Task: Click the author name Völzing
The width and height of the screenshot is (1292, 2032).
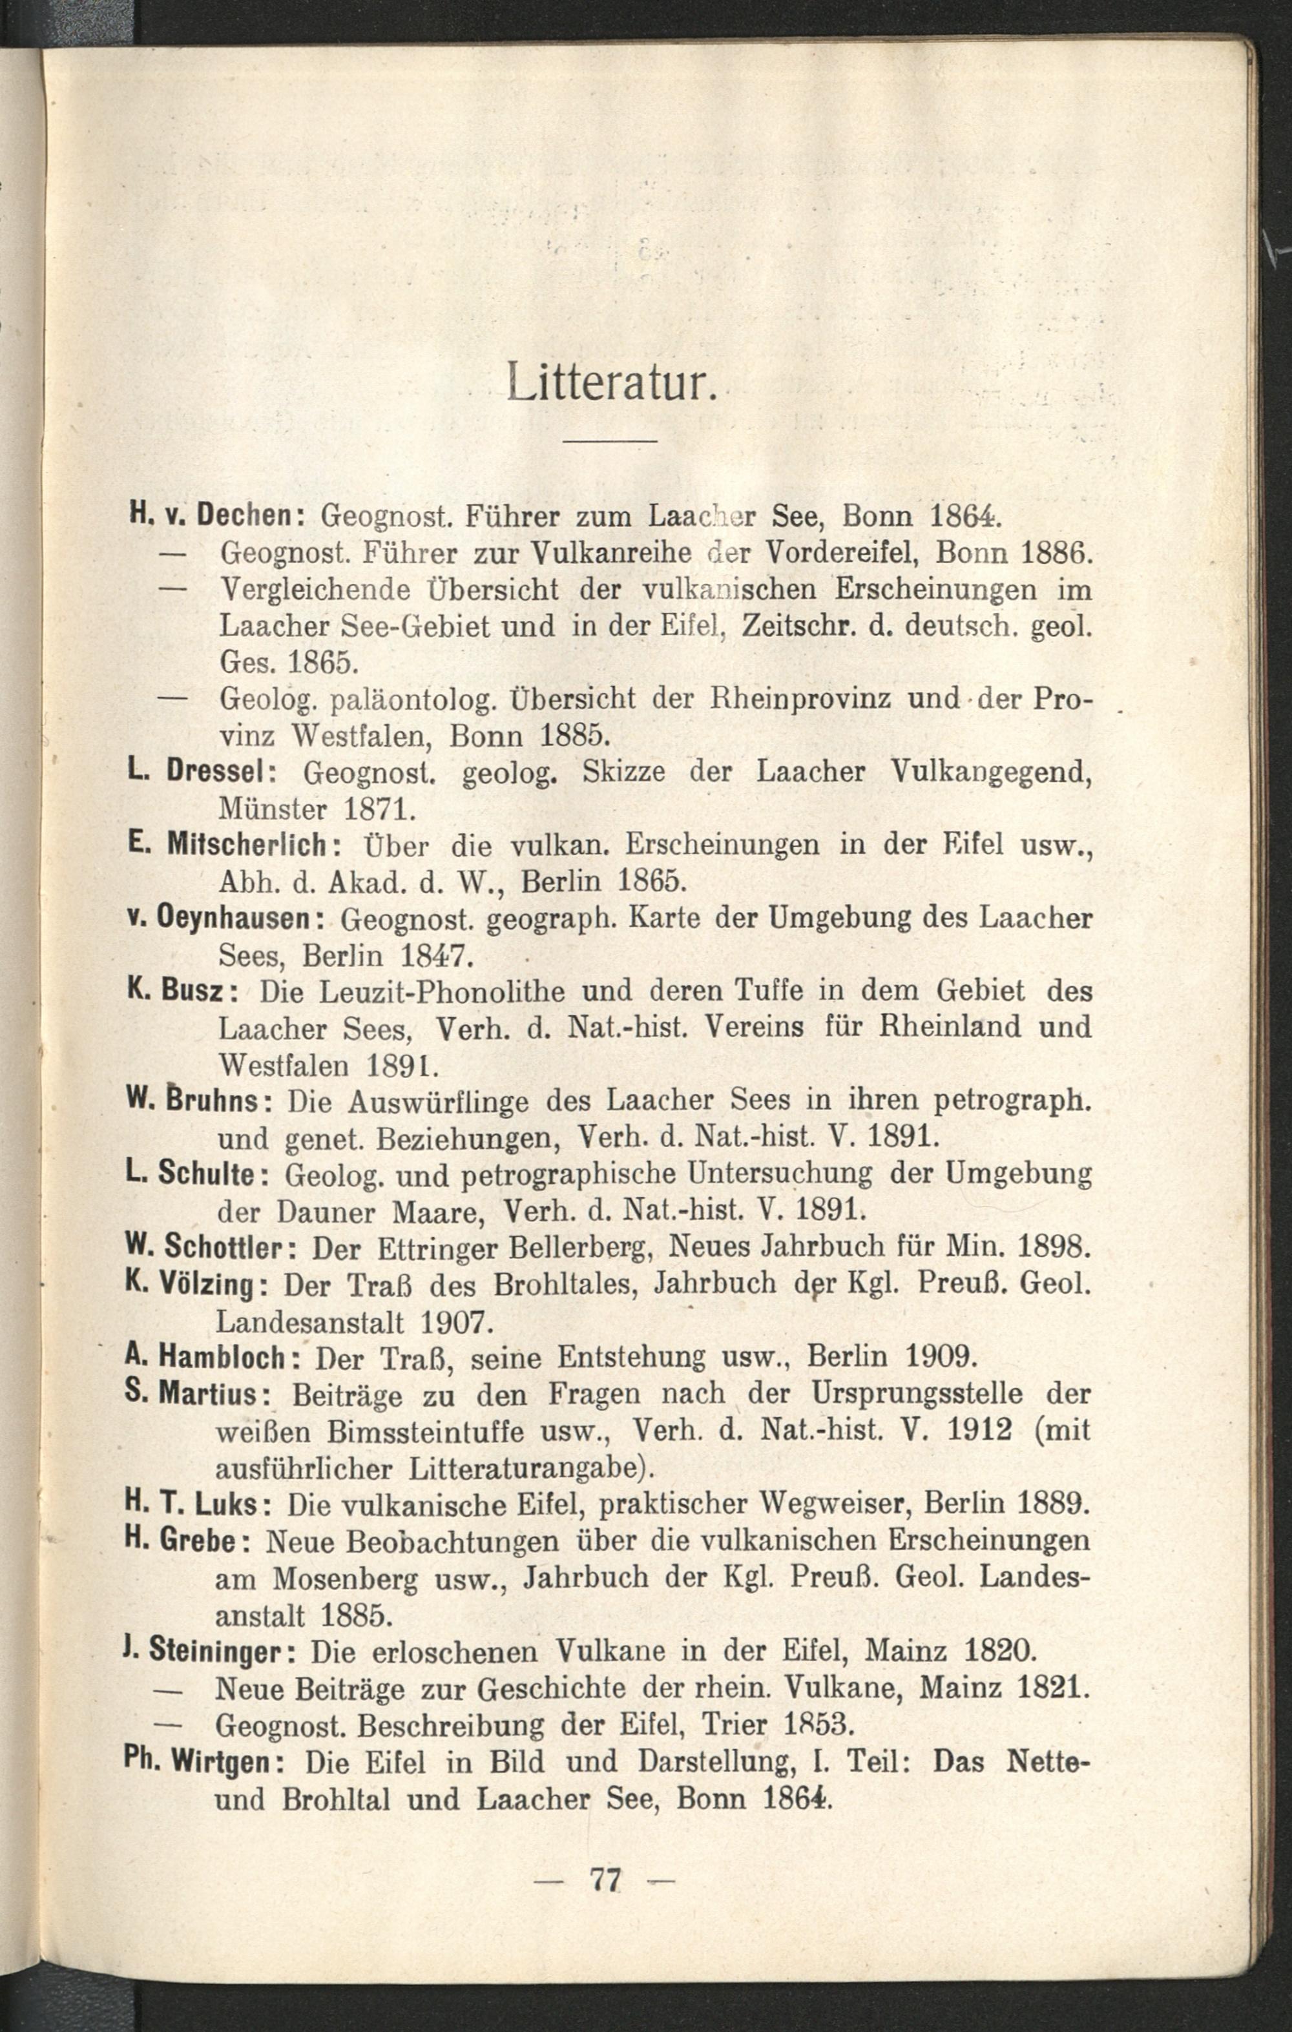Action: (207, 1284)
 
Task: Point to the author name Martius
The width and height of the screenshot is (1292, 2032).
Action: (207, 1393)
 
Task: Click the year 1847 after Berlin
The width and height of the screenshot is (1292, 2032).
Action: (432, 956)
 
